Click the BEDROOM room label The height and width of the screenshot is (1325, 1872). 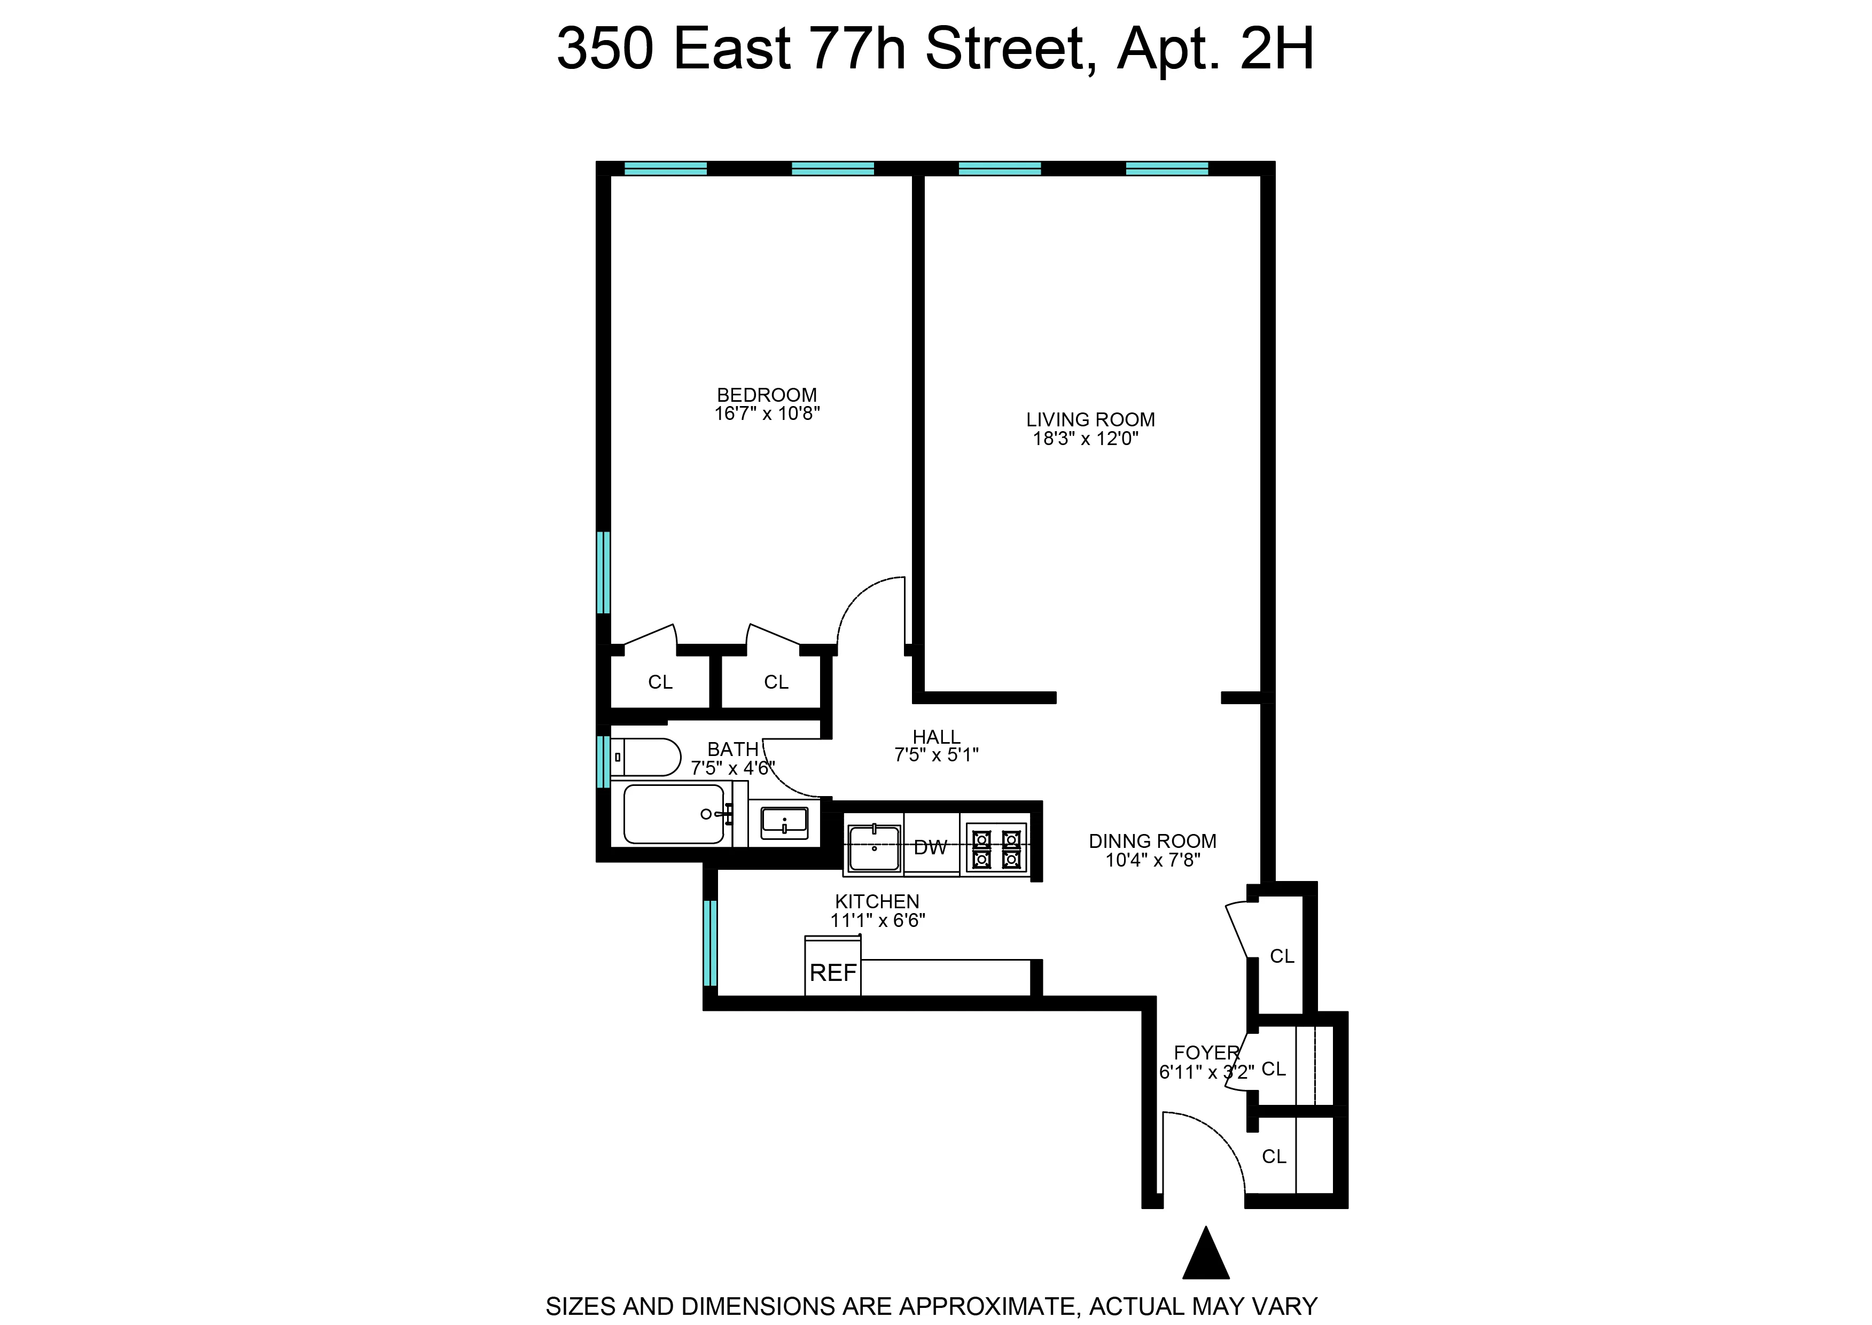(766, 395)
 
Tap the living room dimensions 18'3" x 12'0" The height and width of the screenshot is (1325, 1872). (1086, 439)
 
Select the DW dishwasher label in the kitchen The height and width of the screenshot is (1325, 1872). (930, 848)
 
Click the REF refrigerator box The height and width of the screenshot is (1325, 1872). (833, 972)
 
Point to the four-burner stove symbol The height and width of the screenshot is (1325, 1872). (995, 848)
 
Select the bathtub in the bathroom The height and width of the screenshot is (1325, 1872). (674, 814)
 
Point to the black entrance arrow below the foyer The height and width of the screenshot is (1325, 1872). (1206, 1255)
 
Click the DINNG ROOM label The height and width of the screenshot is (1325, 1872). (1152, 841)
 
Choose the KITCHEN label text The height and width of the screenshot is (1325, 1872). (877, 901)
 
